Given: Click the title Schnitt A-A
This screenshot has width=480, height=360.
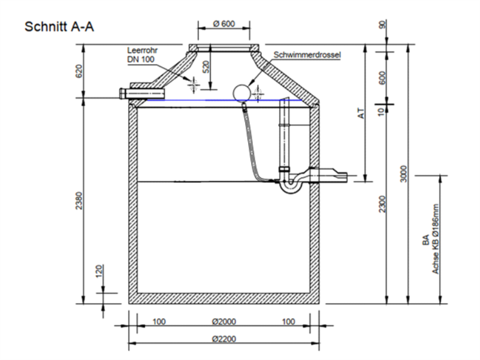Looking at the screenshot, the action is coord(59,26).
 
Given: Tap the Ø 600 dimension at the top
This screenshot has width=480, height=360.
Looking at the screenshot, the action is coord(224,23).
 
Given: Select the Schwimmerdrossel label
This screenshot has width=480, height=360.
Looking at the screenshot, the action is coord(307,55).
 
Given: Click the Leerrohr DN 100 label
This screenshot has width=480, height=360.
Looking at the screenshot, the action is coord(142,55).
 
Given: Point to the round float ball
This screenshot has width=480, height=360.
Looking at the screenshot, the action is coord(242,92).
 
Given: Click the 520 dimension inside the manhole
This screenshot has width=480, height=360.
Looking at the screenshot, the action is coord(206,66).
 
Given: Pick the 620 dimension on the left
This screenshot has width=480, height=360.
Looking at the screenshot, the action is coord(79,71).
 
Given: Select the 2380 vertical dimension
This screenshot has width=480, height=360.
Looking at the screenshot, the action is coord(79,201).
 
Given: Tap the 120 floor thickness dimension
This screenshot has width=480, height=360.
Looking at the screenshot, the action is coord(98,271).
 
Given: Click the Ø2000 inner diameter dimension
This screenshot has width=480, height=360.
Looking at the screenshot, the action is coord(224,322).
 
